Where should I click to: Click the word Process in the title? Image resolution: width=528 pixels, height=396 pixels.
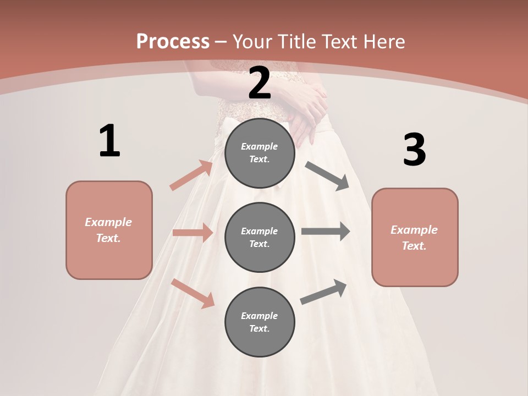tap(173, 41)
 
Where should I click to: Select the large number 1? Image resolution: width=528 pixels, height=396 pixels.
tap(109, 141)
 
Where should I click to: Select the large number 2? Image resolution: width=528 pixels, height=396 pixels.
tap(260, 84)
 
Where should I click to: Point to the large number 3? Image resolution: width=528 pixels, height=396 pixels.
tap(414, 150)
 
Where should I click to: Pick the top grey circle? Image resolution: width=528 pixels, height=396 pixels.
tap(260, 153)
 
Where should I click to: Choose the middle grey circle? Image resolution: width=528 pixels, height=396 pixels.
tap(260, 237)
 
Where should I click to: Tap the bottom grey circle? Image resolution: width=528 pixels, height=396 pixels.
tap(260, 322)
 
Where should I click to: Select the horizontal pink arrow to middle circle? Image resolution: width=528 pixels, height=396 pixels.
tap(193, 233)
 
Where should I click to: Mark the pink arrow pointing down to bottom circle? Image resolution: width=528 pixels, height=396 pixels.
tap(193, 293)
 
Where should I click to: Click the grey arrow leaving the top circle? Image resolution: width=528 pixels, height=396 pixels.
tap(327, 176)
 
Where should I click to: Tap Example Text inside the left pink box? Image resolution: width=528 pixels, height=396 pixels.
tap(108, 230)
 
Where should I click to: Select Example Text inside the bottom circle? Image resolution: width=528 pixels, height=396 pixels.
tap(260, 322)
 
